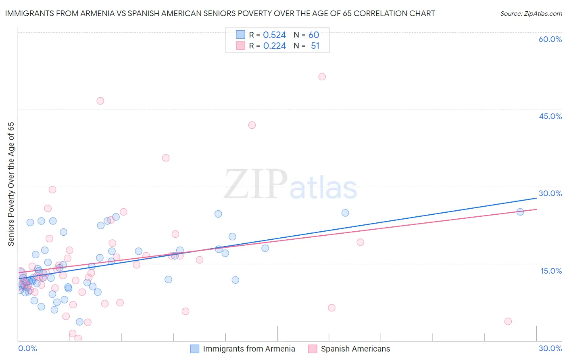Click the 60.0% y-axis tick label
[550, 39]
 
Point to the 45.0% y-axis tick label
[550, 116]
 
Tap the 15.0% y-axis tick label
[551, 271]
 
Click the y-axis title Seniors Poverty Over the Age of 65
[11, 184]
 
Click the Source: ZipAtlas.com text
[531, 14]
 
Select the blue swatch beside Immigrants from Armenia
[195, 349]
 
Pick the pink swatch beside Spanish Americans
[313, 349]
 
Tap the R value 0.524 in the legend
[274, 35]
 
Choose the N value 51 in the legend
[315, 46]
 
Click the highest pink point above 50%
[322, 77]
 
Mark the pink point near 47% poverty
[100, 101]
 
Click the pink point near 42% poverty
[252, 125]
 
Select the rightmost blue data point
[520, 212]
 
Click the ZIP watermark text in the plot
[256, 184]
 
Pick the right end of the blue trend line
[537, 198]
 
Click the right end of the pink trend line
[537, 209]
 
